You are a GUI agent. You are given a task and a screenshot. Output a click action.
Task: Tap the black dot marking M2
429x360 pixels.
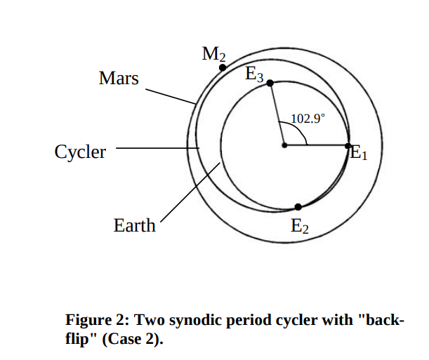coord(223,67)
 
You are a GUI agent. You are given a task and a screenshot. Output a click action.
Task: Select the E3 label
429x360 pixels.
coord(253,74)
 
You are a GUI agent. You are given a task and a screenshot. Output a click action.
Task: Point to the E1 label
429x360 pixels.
coord(358,153)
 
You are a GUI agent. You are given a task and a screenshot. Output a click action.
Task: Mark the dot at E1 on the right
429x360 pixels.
coord(348,146)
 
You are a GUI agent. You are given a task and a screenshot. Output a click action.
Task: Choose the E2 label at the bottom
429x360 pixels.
coord(299,226)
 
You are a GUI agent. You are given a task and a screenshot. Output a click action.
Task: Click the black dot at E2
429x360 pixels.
coord(298,206)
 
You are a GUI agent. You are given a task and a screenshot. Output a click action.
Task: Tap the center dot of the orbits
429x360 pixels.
coord(284,146)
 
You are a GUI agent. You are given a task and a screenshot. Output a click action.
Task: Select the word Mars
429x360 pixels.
coord(119,79)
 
